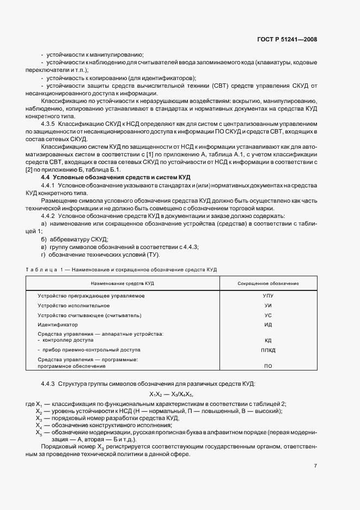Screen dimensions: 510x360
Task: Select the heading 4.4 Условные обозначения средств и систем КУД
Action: pyautogui.click(x=115, y=178)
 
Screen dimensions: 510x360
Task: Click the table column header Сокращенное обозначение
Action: pyautogui.click(x=268, y=284)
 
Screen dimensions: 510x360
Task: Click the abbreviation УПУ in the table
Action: pyautogui.click(x=268, y=296)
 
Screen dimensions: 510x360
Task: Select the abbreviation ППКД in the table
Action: pyautogui.click(x=268, y=350)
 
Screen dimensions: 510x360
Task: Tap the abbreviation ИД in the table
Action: pyautogui.click(x=268, y=325)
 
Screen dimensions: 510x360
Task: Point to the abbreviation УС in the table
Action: pyautogui.click(x=268, y=315)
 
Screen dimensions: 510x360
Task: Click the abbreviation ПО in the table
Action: pyautogui.click(x=268, y=367)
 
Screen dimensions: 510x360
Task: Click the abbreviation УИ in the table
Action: pyautogui.click(x=268, y=306)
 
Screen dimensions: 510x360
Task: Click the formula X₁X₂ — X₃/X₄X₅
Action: pyautogui.click(x=172, y=394)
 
